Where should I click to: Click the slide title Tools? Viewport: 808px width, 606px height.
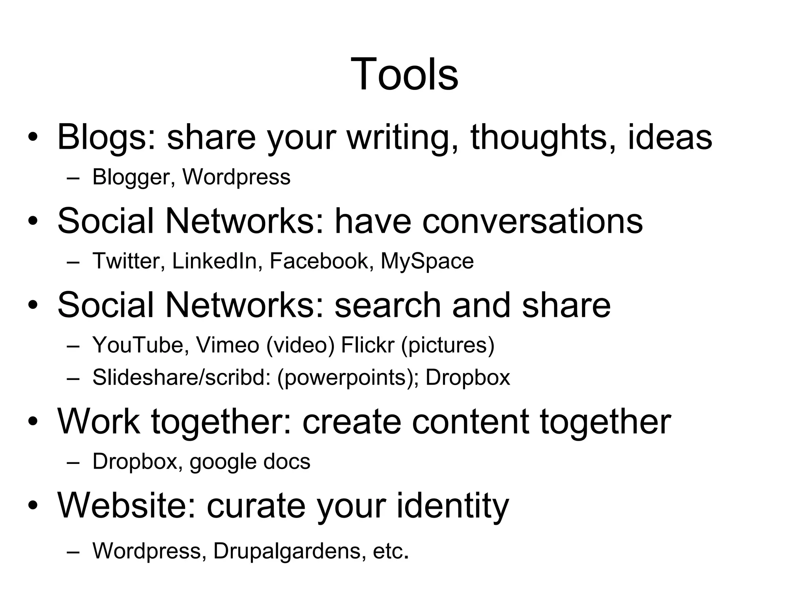(x=404, y=74)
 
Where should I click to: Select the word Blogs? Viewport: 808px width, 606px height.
(x=107, y=137)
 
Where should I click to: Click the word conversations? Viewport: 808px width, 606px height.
(x=533, y=221)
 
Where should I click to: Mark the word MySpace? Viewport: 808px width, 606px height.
(x=427, y=261)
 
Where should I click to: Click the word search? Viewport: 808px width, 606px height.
(x=387, y=305)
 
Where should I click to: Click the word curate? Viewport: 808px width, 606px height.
(x=256, y=506)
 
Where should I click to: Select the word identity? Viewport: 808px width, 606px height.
(x=453, y=506)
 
